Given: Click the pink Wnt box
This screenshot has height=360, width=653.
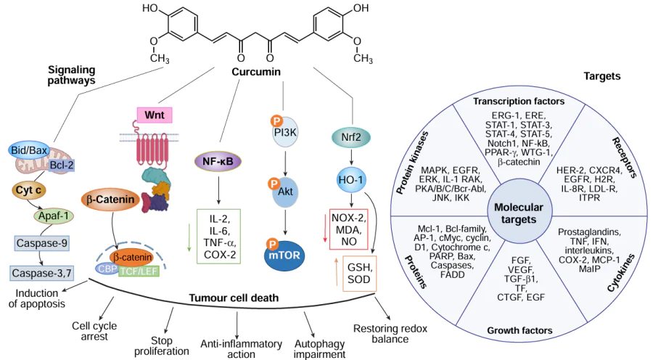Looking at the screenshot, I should tap(154, 115).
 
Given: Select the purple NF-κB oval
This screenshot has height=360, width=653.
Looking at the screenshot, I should tap(218, 161).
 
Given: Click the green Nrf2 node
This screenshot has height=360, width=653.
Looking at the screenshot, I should tap(351, 136).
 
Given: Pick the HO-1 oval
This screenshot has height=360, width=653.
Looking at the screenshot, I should tap(351, 179).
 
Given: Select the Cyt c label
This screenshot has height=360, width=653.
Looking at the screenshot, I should tap(30, 190).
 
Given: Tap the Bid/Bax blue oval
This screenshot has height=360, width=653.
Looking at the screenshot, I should tap(28, 150).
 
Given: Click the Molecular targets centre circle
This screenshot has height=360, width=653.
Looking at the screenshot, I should tap(519, 213).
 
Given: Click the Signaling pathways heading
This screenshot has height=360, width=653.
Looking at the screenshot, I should tap(71, 75).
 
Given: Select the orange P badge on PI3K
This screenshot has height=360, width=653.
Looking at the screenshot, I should tap(275, 120).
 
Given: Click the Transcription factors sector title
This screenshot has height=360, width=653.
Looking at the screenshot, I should tap(518, 100).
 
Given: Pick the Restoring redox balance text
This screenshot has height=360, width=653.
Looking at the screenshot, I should tap(390, 333).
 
